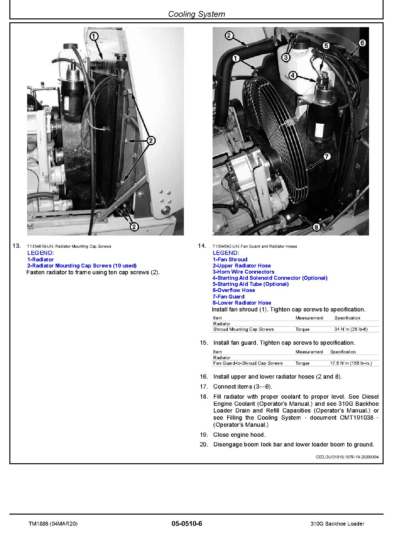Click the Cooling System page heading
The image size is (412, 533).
tap(196, 14)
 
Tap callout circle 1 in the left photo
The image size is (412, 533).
tap(94, 36)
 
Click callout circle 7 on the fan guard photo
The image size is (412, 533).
tap(327, 157)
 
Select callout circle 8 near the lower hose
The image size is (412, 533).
tap(316, 227)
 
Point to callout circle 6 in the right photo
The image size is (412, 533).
tap(362, 43)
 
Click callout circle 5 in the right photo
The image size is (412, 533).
tap(326, 46)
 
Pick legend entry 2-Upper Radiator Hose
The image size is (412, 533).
tap(242, 266)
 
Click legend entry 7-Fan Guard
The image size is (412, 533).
tap(228, 297)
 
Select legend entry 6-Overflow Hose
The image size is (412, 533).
tap(234, 290)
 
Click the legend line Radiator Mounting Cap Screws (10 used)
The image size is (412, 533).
tap(82, 266)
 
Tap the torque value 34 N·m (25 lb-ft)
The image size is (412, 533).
tap(351, 329)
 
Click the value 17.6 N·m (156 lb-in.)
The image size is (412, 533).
tap(351, 363)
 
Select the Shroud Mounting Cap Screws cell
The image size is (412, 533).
tap(243, 329)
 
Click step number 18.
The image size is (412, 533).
tap(204, 396)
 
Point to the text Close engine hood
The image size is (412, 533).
tap(239, 434)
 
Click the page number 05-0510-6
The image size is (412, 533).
tap(187, 524)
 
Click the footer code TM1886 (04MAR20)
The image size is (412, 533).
tap(53, 524)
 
